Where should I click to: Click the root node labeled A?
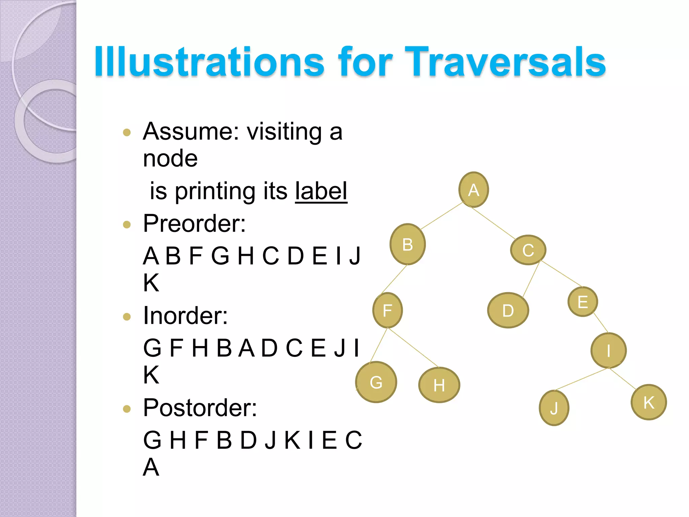(x=473, y=190)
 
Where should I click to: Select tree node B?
(x=407, y=244)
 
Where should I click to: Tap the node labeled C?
(x=528, y=250)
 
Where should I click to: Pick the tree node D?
(x=508, y=310)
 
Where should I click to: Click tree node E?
(x=583, y=302)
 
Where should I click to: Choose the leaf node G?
(x=376, y=382)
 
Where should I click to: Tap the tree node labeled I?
(x=608, y=350)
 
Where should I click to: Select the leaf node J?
(x=554, y=408)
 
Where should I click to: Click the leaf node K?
(x=649, y=402)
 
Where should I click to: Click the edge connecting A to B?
(x=441, y=216)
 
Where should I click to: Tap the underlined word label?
(x=321, y=191)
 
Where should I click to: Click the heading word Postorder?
(x=200, y=408)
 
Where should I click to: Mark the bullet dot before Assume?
(x=127, y=132)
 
